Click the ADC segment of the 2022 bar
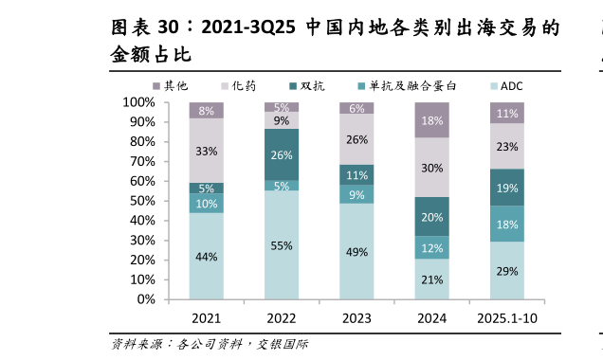coord(281,245)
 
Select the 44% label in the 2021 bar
coord(207,257)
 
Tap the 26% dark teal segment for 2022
coord(281,155)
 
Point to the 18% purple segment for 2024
coord(431,120)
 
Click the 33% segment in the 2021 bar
coord(207,151)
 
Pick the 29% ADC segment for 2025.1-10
coord(506,271)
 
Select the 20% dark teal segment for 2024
coord(431,217)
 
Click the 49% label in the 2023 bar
coord(356,251)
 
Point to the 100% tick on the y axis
coord(138,102)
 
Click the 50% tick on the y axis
coord(141,201)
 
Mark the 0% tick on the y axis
coord(145,299)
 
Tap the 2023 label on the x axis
coord(356,317)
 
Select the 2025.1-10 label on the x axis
coord(506,317)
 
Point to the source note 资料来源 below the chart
coord(140,344)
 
